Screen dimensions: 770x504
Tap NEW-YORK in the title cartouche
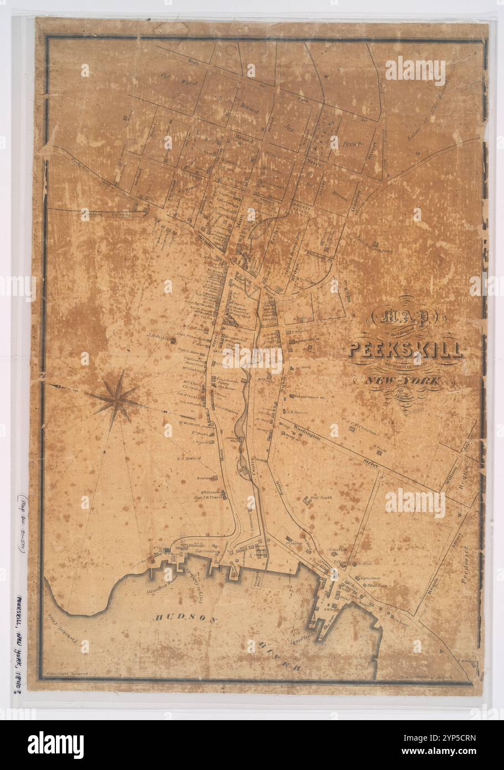point(402,381)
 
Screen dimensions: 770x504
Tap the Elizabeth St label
point(316,256)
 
